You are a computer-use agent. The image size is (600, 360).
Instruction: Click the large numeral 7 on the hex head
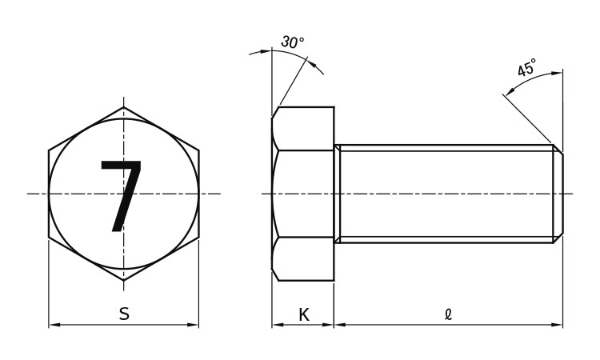122,196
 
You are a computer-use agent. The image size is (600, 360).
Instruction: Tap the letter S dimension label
124,314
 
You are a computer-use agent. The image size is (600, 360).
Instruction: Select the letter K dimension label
303,315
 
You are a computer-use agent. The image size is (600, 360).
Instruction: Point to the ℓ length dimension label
449,314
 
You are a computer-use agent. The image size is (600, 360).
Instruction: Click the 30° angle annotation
293,42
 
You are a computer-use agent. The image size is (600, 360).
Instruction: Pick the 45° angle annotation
526,67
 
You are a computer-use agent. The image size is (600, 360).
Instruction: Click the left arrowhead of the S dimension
54,325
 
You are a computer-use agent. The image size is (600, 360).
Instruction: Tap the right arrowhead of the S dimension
193,325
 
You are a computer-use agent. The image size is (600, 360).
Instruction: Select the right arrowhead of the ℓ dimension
557,325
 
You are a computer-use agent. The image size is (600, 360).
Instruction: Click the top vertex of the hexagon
123,107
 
